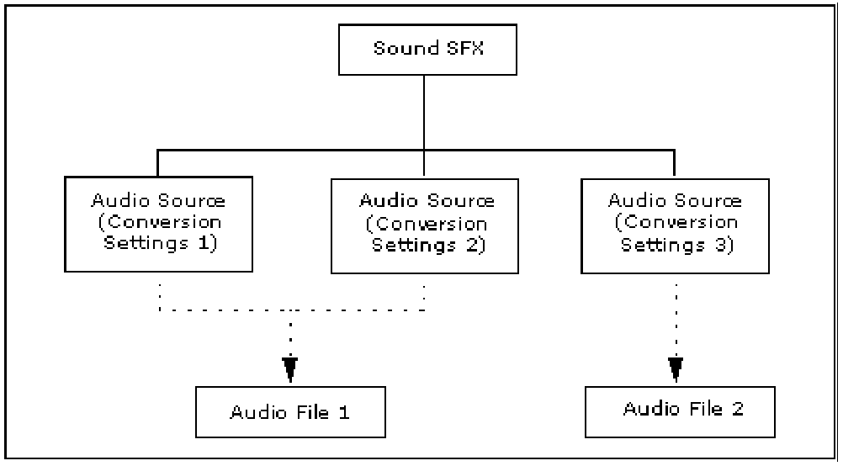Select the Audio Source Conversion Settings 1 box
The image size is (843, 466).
pyautogui.click(x=157, y=223)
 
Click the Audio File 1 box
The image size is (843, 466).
pyautogui.click(x=290, y=413)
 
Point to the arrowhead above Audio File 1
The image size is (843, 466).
pyautogui.click(x=290, y=367)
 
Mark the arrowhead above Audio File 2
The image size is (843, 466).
pyautogui.click(x=675, y=367)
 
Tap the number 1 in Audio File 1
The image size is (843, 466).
pyautogui.click(x=344, y=412)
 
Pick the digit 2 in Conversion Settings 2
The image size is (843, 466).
pyautogui.click(x=475, y=246)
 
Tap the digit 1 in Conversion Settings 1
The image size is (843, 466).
pyautogui.click(x=209, y=244)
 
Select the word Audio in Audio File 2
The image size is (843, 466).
pyautogui.click(x=649, y=409)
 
